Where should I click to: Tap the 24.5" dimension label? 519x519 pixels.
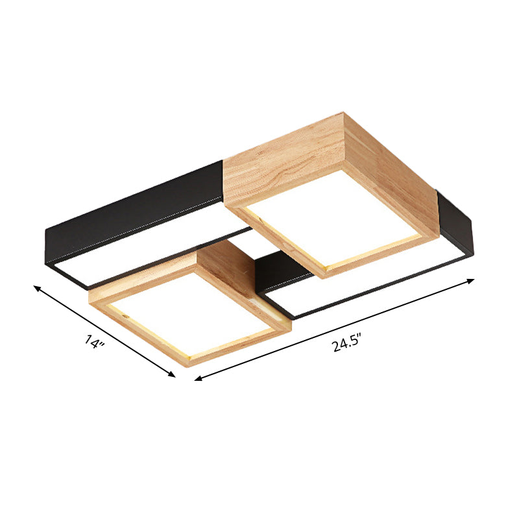(x=346, y=343)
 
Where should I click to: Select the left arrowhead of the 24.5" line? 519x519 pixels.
(x=199, y=378)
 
